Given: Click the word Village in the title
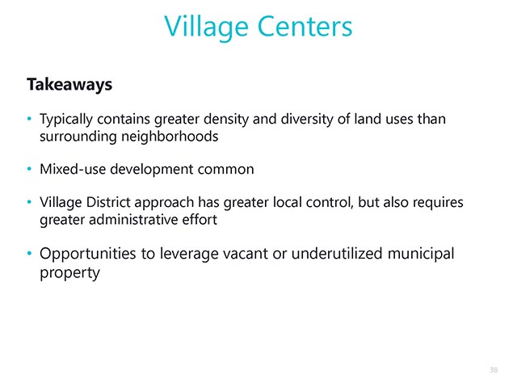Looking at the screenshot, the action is tap(206, 27).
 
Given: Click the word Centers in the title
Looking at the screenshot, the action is tap(305, 27).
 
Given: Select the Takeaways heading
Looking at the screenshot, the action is tap(69, 84).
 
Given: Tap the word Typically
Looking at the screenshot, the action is tap(66, 120).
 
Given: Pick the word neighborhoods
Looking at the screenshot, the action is tap(170, 137).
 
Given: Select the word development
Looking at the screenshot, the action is tap(152, 170).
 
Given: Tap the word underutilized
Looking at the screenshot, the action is tap(337, 254).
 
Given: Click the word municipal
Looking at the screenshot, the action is tap(421, 255).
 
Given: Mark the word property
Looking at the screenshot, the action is tap(69, 273).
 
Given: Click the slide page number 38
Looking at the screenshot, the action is tap(494, 370).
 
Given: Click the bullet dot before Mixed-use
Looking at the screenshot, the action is tap(29, 169).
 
